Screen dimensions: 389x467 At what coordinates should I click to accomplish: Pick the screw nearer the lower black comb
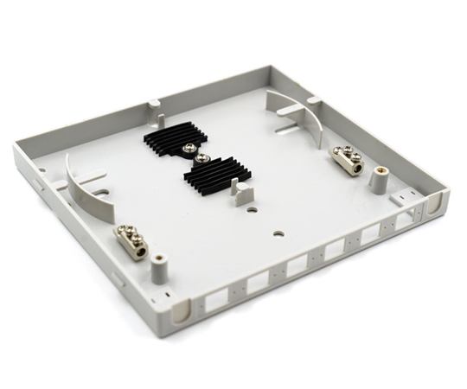click(200, 158)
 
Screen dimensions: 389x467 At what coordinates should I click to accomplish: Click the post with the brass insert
click(378, 178)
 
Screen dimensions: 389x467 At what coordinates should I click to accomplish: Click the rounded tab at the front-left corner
click(182, 310)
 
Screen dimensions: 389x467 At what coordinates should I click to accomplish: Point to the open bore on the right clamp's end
click(355, 169)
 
